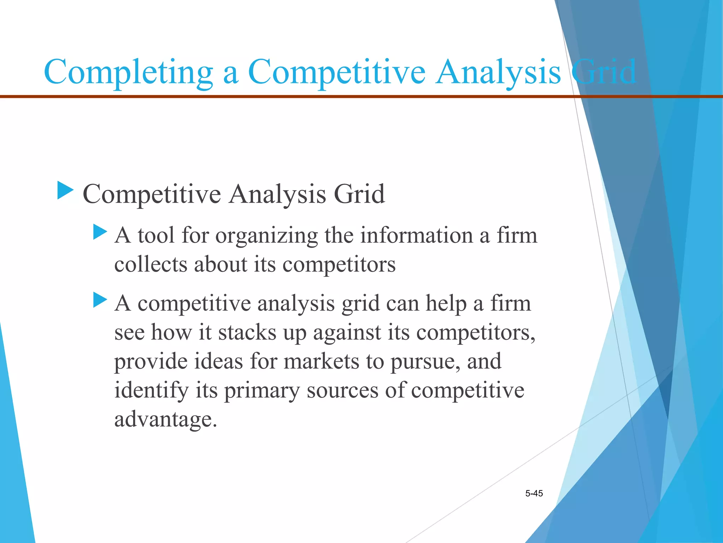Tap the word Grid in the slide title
click(604, 72)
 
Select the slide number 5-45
click(534, 494)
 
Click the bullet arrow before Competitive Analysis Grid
click(65, 191)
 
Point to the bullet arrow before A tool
click(100, 232)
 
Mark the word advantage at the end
click(165, 420)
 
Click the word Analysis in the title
click(498, 72)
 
